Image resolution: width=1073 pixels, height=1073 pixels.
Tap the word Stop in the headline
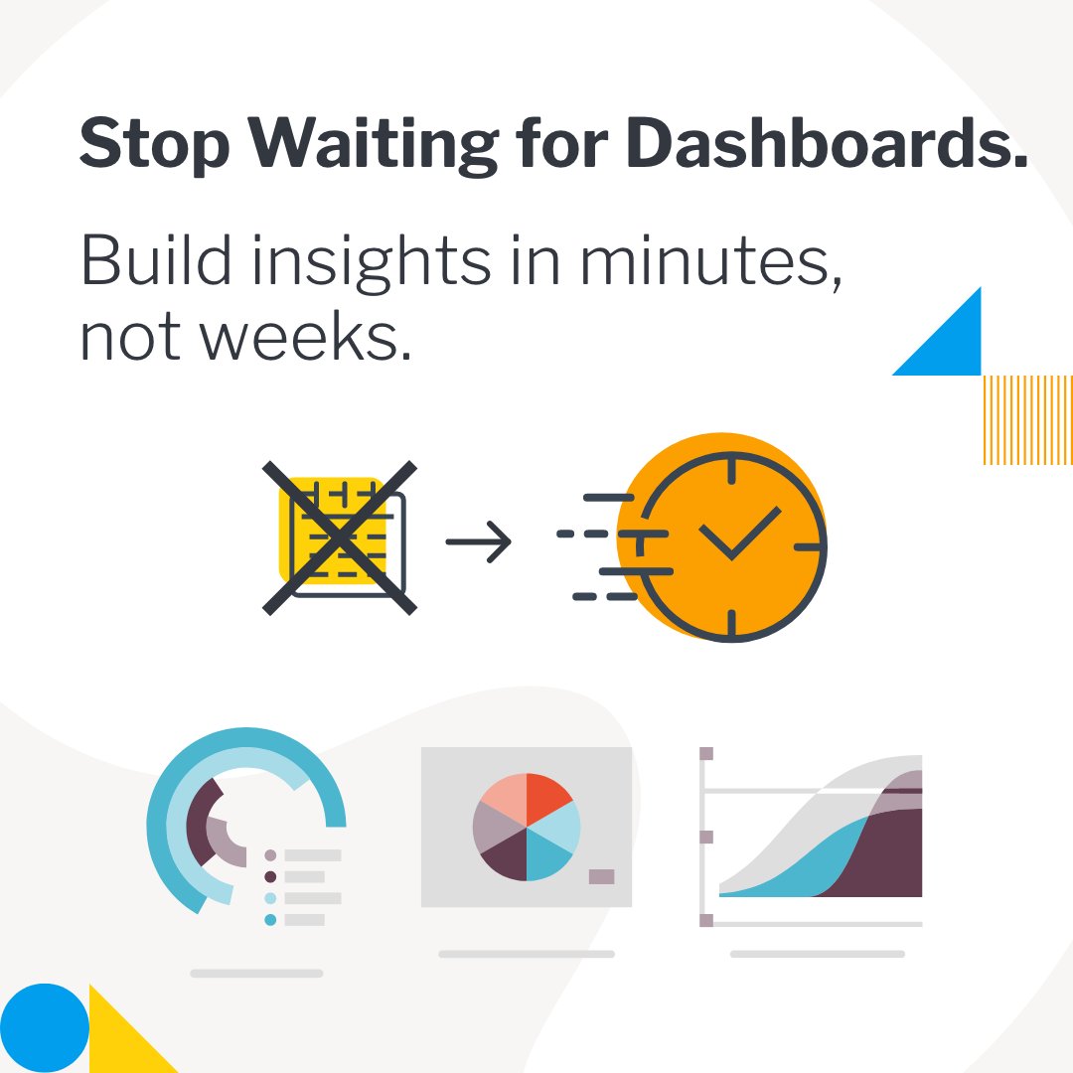153,145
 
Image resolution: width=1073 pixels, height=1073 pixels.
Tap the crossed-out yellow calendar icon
339,537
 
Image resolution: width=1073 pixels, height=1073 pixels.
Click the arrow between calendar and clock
478,541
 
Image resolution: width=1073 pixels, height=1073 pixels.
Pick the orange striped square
1027,419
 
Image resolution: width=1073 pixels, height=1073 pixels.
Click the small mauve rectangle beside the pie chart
601,876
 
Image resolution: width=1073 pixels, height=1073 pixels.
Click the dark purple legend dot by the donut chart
270,876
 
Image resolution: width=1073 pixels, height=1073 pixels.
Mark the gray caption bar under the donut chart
256,973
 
